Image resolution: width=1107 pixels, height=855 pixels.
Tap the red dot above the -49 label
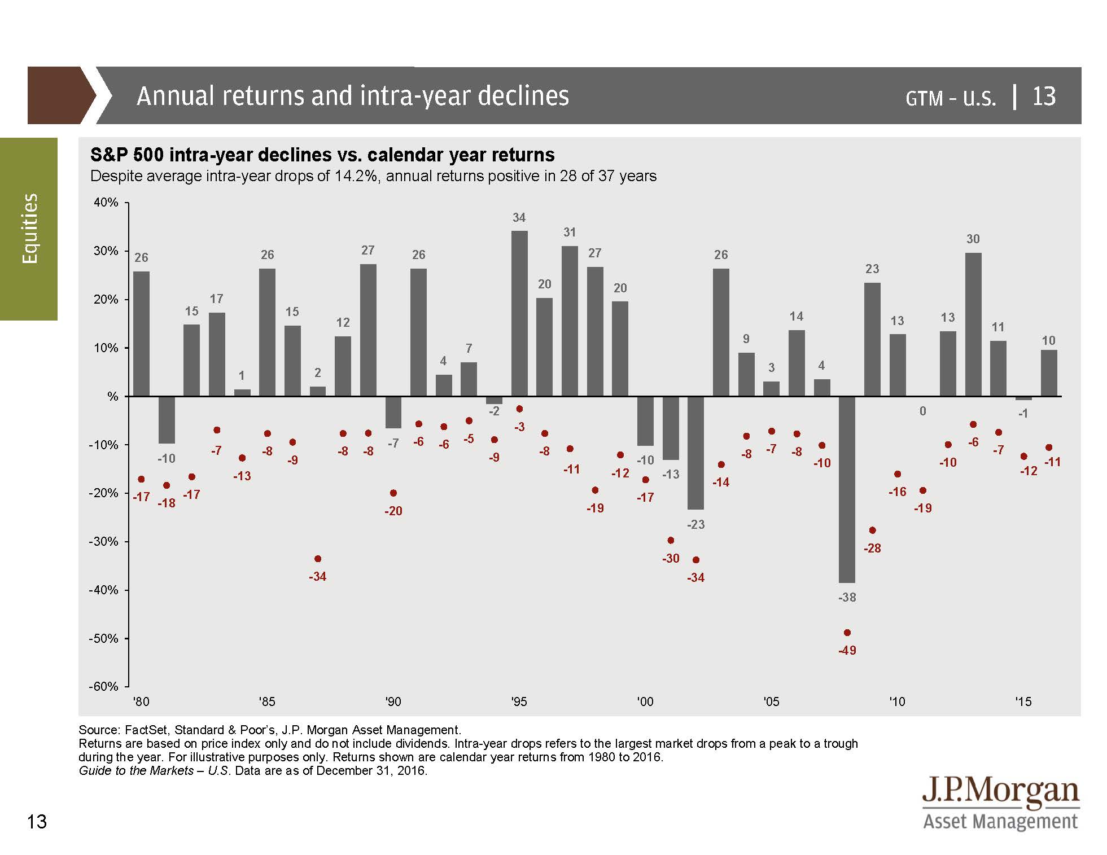coord(847,633)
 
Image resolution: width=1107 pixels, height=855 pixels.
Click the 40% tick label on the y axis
coord(106,203)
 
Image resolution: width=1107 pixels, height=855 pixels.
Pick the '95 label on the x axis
coord(519,701)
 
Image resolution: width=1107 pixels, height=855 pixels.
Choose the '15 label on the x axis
coord(1023,701)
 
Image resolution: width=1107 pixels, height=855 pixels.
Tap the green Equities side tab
coord(29,229)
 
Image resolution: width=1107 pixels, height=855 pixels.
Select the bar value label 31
coord(570,232)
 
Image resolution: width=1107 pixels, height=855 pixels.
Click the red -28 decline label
coord(872,548)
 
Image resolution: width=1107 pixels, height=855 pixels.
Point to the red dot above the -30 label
coord(671,540)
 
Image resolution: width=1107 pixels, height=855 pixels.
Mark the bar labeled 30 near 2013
coord(973,325)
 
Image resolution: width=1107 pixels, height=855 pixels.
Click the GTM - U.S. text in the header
coord(951,98)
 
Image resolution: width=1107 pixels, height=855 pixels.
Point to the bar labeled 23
coord(872,339)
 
